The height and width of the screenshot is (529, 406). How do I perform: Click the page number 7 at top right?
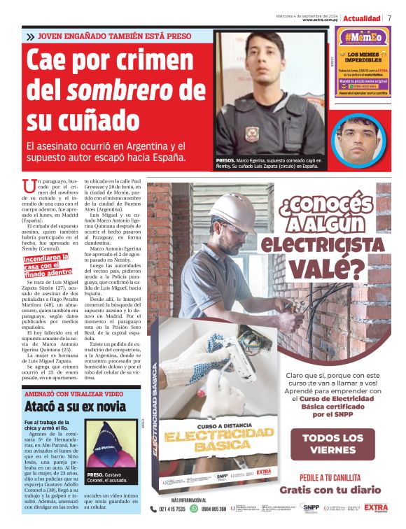pyautogui.click(x=390, y=17)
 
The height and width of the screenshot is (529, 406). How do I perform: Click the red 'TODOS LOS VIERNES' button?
pyautogui.click(x=332, y=444)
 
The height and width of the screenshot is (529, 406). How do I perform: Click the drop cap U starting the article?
pyautogui.click(x=28, y=185)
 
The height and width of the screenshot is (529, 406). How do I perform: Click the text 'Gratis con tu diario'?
pyautogui.click(x=332, y=491)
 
